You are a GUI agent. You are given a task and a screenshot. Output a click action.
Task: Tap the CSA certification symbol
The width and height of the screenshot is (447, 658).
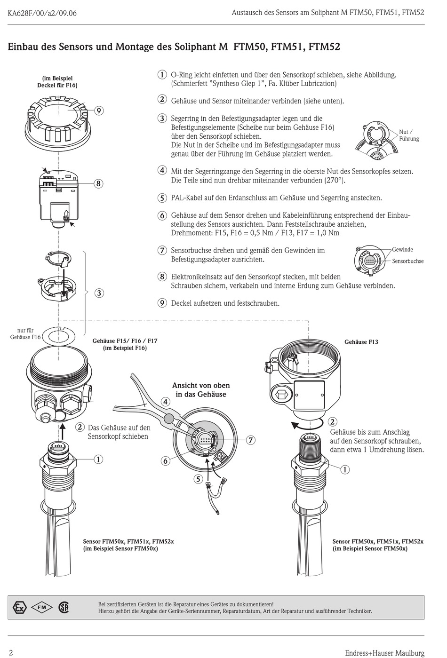(64, 607)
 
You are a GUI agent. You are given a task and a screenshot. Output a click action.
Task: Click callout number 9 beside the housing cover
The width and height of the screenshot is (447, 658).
(99, 111)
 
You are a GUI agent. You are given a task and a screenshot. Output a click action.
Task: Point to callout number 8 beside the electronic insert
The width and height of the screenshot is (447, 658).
(98, 183)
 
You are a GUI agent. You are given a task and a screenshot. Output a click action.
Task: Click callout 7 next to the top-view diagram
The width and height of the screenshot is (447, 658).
(251, 440)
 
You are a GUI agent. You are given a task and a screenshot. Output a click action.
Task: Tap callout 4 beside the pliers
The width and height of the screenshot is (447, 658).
(165, 402)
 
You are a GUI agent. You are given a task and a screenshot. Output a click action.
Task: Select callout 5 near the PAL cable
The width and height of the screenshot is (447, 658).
(198, 479)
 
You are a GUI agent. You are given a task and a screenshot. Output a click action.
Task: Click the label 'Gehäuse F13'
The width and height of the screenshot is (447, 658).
(361, 342)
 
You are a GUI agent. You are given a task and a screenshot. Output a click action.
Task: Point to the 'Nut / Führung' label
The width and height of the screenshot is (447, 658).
(408, 135)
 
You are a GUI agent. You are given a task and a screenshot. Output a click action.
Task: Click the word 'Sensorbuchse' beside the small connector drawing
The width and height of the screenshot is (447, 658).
(408, 261)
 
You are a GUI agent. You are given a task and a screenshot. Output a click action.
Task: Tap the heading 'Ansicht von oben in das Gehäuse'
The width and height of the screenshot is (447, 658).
(201, 390)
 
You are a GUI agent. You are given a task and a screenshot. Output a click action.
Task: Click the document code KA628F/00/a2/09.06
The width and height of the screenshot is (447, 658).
(42, 13)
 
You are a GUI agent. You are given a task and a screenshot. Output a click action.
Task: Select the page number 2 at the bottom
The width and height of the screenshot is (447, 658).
(11, 652)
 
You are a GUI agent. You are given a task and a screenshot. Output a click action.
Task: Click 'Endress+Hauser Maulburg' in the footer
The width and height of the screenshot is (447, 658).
(384, 653)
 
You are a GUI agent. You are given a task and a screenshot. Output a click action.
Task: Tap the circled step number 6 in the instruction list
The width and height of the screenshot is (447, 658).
(162, 215)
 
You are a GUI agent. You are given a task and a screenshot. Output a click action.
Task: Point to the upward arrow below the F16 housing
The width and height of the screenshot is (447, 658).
(62, 430)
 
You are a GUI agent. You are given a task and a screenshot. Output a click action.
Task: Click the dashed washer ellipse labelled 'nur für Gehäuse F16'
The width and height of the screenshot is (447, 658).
(59, 337)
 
